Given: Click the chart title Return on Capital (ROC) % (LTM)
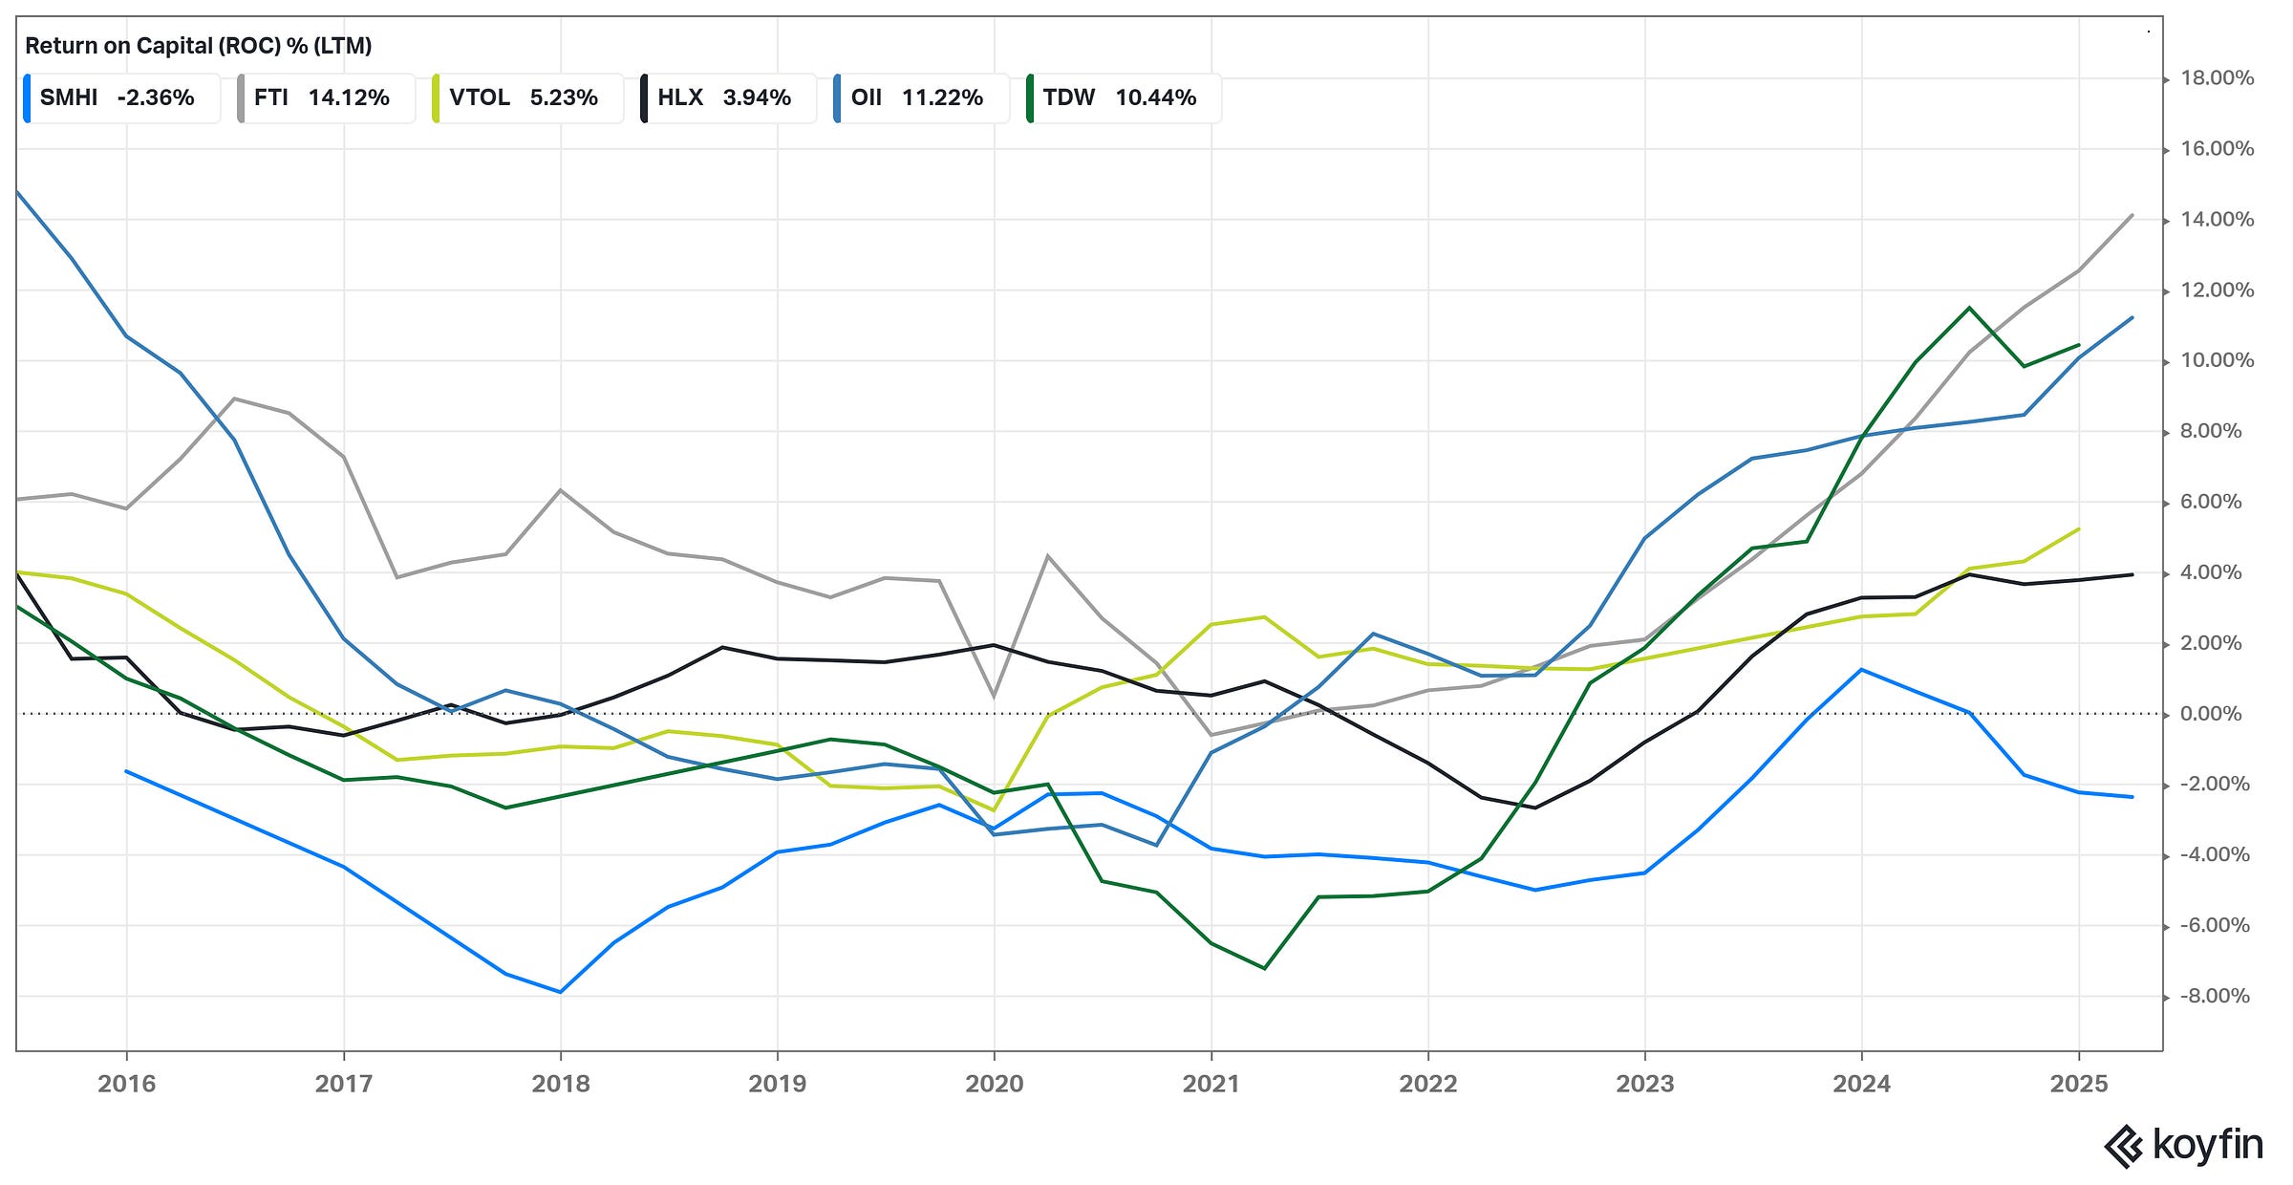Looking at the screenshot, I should click(198, 45).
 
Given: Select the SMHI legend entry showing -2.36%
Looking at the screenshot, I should click(118, 97).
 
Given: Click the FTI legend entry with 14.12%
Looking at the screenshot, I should click(323, 97).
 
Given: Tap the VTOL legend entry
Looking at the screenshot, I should click(525, 97).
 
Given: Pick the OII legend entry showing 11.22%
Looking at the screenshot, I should click(918, 97).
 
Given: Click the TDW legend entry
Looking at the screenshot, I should click(1121, 97).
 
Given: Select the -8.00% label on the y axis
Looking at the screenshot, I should click(2215, 996).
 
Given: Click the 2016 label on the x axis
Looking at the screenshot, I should click(126, 1084).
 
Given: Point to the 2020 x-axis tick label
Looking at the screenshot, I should click(994, 1084).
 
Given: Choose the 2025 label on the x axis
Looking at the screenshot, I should click(2078, 1084).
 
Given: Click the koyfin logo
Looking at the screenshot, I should click(2184, 1145).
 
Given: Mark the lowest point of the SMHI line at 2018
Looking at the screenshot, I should click(560, 992).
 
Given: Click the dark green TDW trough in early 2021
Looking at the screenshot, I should click(1265, 968).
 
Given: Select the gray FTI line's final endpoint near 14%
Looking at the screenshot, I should click(2132, 215).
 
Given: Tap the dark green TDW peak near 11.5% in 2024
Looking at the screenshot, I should click(1969, 308).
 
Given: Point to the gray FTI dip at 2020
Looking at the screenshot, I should click(994, 696).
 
